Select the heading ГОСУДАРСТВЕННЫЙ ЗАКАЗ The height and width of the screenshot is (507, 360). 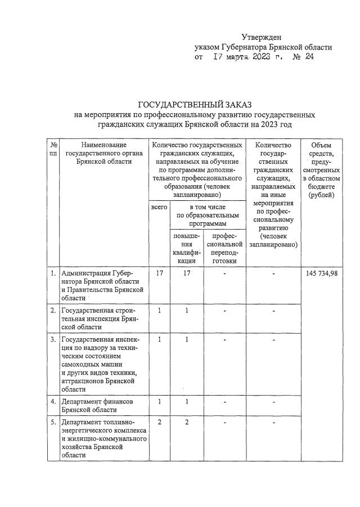(x=195, y=105)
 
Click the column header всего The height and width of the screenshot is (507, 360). (x=159, y=208)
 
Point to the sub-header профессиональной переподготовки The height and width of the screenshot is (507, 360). (x=224, y=248)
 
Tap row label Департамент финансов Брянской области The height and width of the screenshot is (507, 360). (x=97, y=406)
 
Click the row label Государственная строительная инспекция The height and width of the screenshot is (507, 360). (x=98, y=318)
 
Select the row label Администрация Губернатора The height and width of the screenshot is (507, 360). (x=99, y=285)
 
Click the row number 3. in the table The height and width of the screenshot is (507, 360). (x=53, y=339)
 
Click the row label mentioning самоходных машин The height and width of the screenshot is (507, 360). (x=99, y=364)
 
